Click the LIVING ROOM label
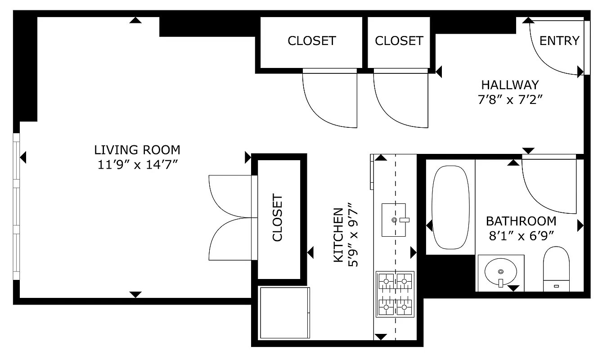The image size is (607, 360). pos(137,150)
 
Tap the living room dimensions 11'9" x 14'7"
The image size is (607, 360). pos(137,165)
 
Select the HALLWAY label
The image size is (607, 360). pos(509,85)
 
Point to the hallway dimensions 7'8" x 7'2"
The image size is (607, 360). pos(509,99)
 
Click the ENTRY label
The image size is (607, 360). pos(559,41)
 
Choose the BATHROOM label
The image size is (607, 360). pos(521,221)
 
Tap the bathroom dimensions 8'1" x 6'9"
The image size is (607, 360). pos(521,236)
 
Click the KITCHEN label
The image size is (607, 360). pos(339,235)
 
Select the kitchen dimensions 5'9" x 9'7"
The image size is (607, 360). pos(354,235)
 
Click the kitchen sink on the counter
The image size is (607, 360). pos(394,220)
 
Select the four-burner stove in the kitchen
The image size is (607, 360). pos(395,294)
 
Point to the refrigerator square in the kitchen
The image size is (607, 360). pos(285,313)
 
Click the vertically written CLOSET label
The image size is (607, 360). pos(278,218)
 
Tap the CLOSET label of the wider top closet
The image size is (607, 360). pos(311,41)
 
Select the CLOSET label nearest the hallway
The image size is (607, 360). pos(399,41)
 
